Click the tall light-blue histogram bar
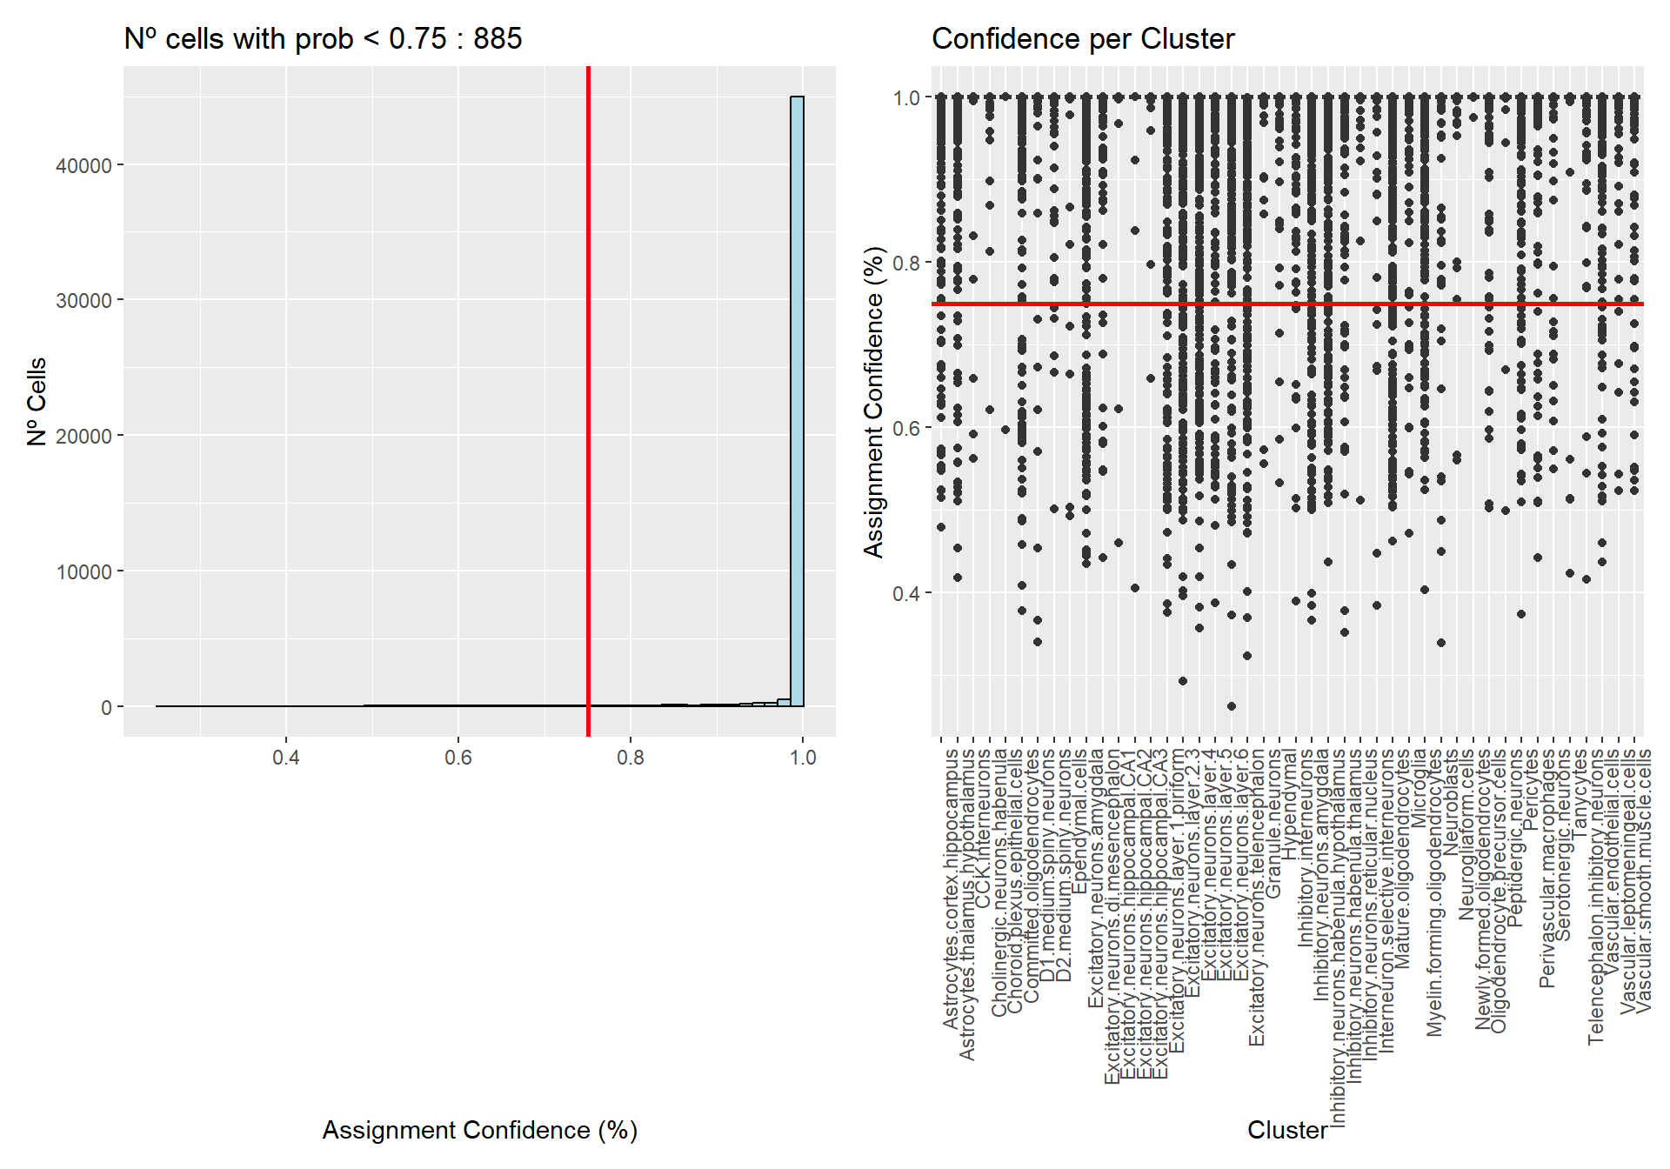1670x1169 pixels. pos(797,400)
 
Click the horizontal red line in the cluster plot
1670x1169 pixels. pos(1287,304)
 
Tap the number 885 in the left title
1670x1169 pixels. pos(498,39)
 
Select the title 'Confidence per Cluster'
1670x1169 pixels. pos(1083,39)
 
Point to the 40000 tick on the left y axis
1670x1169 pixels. pos(83,165)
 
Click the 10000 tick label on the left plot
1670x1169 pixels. pos(83,571)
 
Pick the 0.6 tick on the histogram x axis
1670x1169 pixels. pos(458,758)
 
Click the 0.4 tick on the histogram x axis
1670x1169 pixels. pos(286,758)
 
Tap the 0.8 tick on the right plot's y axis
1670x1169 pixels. pos(906,263)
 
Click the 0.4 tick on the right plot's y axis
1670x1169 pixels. pos(906,593)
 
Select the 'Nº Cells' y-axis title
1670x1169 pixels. pos(37,402)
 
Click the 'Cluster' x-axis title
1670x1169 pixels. pos(1287,1130)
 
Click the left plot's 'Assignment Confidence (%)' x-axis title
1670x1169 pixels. pos(480,1130)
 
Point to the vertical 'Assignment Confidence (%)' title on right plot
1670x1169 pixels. pos(873,402)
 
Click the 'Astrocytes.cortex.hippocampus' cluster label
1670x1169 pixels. pos(951,887)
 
